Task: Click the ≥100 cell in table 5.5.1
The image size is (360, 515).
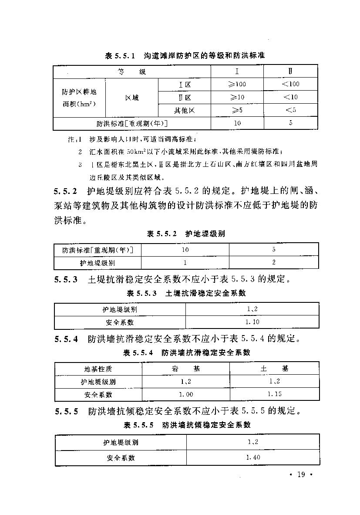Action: tap(237, 84)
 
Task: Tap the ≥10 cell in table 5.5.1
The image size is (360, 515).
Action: tap(237, 97)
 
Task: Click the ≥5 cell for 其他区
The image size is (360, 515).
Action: tap(237, 110)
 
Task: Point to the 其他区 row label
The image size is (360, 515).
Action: tap(185, 110)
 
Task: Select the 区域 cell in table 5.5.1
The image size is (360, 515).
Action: tap(131, 98)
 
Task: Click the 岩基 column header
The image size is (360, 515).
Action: tap(186, 369)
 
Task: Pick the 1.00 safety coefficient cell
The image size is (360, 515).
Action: tap(186, 394)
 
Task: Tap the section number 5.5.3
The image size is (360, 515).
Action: tap(66, 280)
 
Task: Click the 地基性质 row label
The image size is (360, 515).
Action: tap(98, 369)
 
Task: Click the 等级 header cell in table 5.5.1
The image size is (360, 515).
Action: tap(131, 71)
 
